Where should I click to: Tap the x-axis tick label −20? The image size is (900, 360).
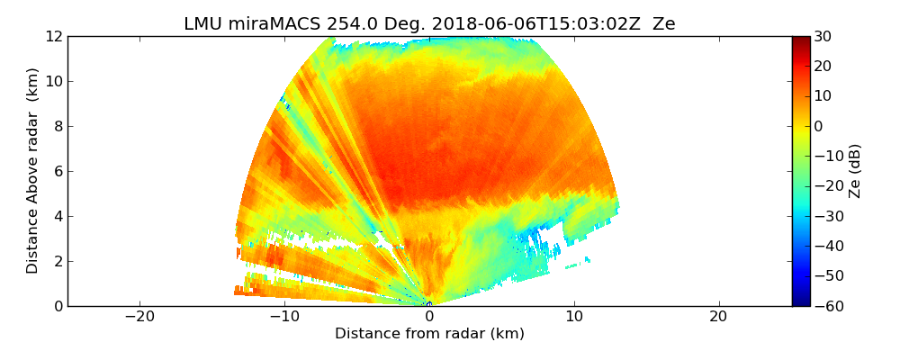[139, 317]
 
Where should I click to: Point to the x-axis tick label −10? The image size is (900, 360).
[284, 317]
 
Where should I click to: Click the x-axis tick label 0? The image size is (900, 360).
[429, 317]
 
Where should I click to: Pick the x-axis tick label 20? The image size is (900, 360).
[718, 317]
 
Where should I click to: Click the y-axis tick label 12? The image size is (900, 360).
[54, 37]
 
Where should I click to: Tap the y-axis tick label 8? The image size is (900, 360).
[58, 127]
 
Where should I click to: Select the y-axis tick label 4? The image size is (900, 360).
[58, 217]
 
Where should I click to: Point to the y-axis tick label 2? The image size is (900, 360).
[58, 262]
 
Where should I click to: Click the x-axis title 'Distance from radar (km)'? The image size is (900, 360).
[429, 334]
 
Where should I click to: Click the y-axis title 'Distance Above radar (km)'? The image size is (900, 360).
[33, 171]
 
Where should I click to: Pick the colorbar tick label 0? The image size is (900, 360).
[819, 127]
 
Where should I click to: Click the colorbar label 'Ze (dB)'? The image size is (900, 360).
[855, 171]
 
